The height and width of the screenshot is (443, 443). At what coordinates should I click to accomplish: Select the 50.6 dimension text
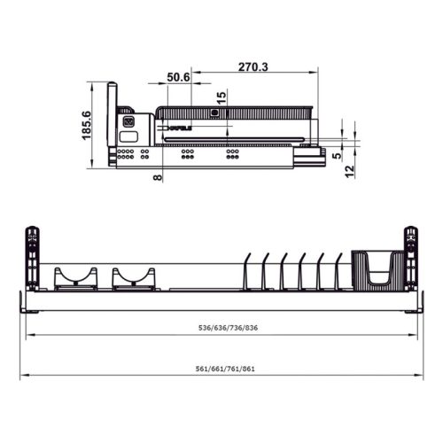coord(179,78)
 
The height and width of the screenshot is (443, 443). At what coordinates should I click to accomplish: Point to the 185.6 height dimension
coord(86,123)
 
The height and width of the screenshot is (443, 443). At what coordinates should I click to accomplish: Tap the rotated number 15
coord(221,96)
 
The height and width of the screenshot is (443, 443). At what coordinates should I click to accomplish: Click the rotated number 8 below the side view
coord(157,178)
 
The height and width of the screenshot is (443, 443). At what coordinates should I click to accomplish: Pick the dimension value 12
coord(351,168)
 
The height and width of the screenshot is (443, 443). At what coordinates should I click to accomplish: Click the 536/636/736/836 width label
coord(221,328)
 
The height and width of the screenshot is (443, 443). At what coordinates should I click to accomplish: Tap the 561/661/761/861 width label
coord(221,369)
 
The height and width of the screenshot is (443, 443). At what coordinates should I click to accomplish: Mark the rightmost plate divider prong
coord(338,271)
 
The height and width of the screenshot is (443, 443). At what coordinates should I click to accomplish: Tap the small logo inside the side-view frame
coord(176,129)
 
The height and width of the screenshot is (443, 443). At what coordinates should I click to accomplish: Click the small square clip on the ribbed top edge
coord(214,113)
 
